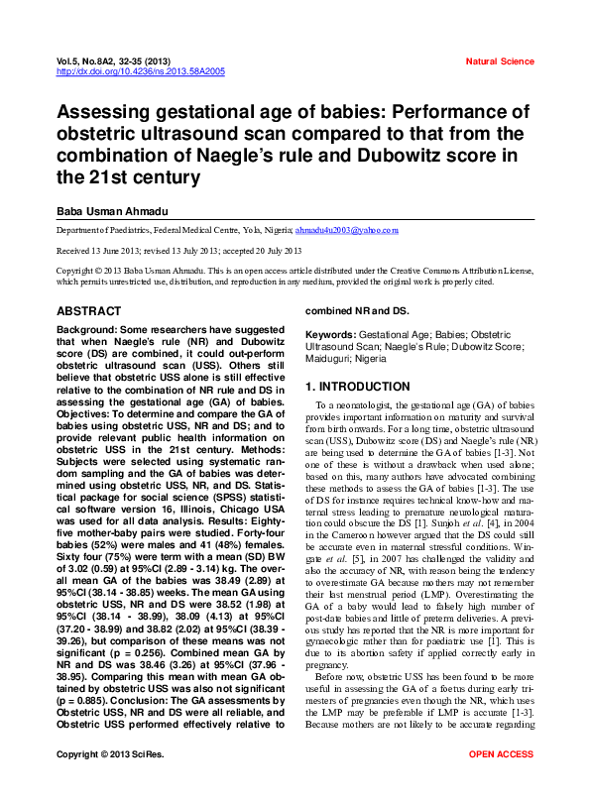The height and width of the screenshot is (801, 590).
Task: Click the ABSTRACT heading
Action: tap(89, 310)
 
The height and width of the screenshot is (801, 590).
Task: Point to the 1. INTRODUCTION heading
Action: tap(357, 386)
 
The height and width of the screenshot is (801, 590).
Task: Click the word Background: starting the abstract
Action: tap(86, 328)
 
